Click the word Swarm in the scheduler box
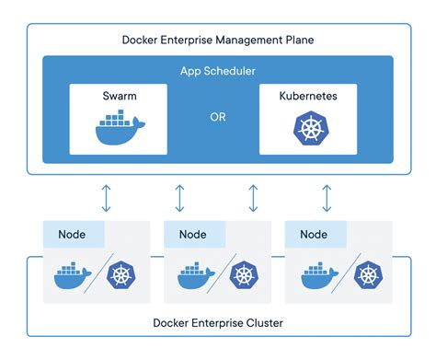[120, 96]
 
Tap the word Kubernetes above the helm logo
[308, 96]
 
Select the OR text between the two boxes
[218, 117]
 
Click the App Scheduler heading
[218, 71]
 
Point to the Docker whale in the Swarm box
[120, 127]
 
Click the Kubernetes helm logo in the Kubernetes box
[311, 128]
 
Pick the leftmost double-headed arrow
[106, 198]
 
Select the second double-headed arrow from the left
[179, 198]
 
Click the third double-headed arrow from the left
[253, 198]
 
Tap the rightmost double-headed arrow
[327, 198]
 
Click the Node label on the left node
[72, 235]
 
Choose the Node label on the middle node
[193, 235]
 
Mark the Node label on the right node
[314, 235]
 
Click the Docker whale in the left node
[73, 275]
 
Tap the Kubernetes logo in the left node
[121, 275]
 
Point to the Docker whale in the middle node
[196, 275]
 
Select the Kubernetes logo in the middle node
[244, 275]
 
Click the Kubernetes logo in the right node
[368, 275]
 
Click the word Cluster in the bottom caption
[265, 323]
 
